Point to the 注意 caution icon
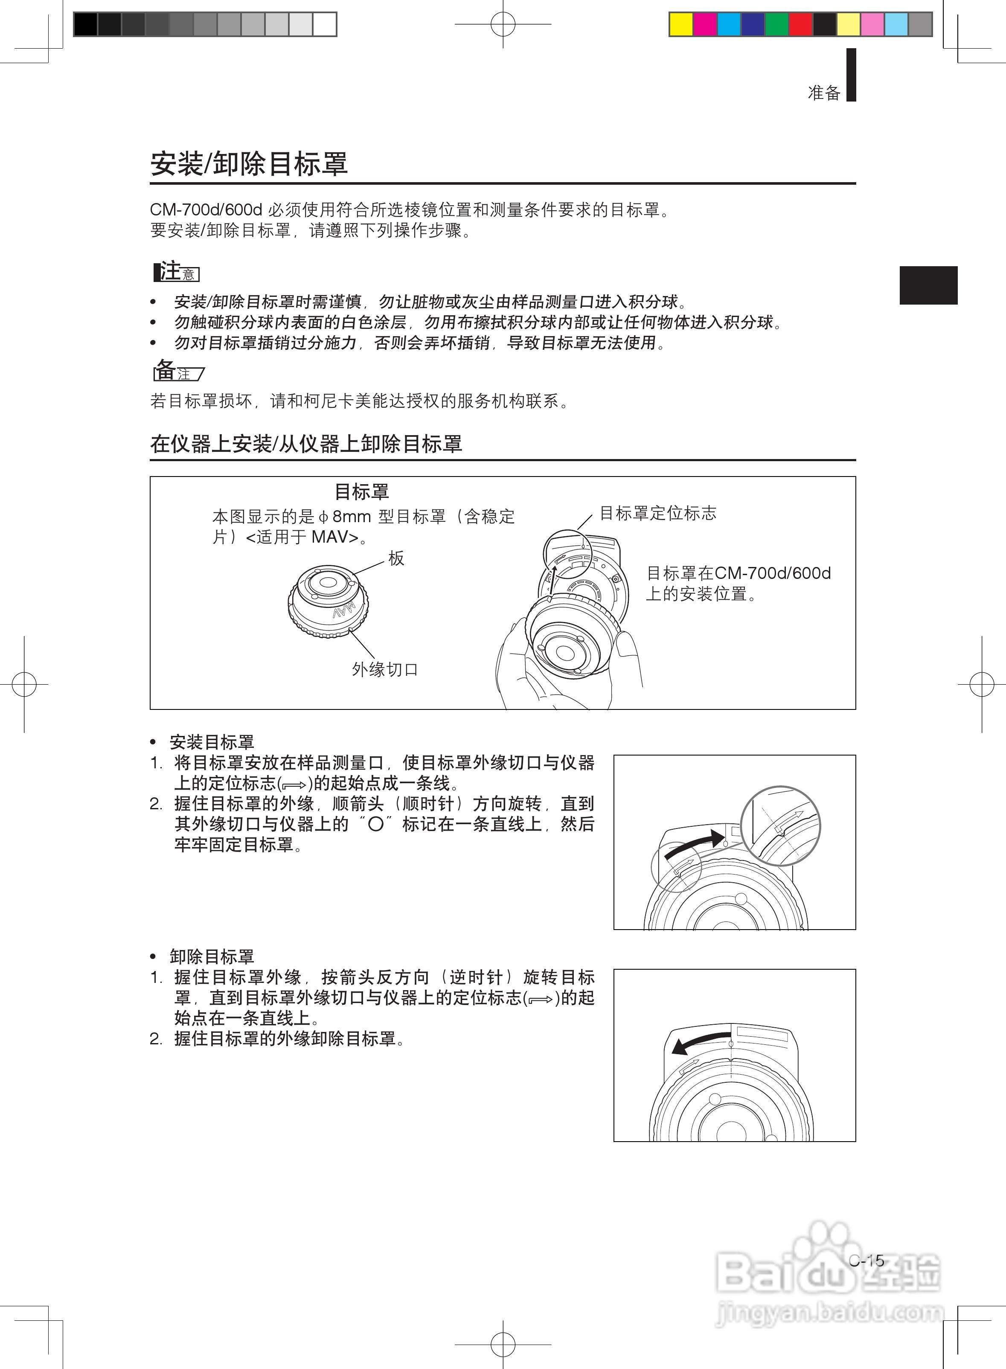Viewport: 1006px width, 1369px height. [177, 272]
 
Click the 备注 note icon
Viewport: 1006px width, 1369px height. [178, 370]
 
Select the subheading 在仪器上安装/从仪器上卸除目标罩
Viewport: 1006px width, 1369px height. [306, 443]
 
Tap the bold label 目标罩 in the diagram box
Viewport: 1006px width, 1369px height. [362, 491]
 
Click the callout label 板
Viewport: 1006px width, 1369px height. [396, 558]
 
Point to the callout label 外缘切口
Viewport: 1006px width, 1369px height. [385, 669]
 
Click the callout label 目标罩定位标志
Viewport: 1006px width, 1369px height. [658, 513]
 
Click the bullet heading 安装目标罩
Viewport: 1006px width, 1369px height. [211, 742]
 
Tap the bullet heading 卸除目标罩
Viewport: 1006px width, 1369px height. [211, 956]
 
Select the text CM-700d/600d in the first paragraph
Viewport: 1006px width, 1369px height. [206, 210]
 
